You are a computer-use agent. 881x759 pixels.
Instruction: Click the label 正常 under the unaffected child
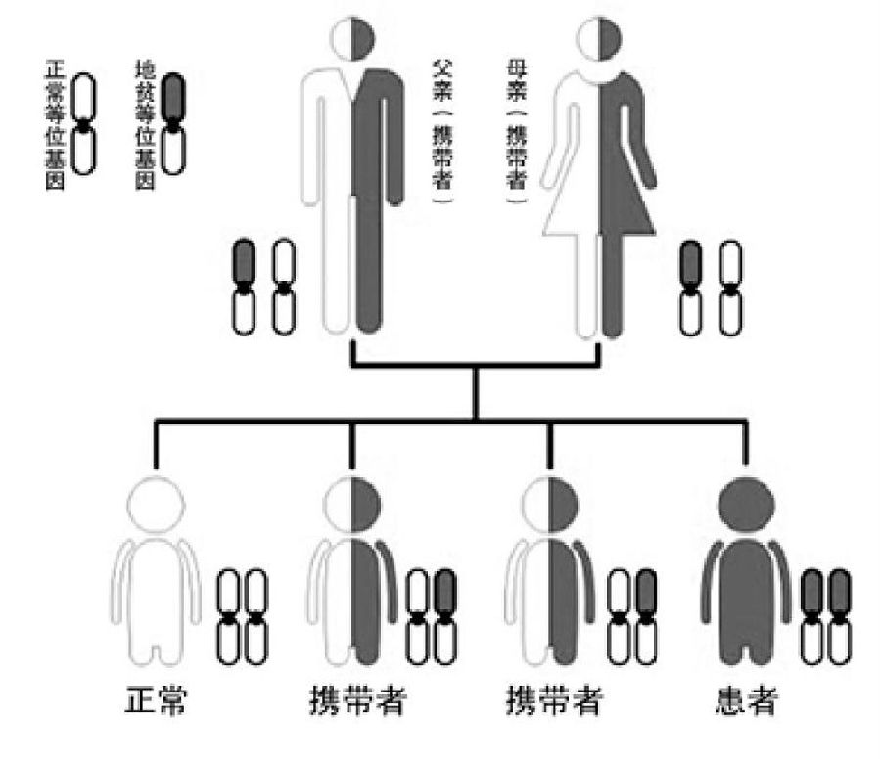tap(157, 703)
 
